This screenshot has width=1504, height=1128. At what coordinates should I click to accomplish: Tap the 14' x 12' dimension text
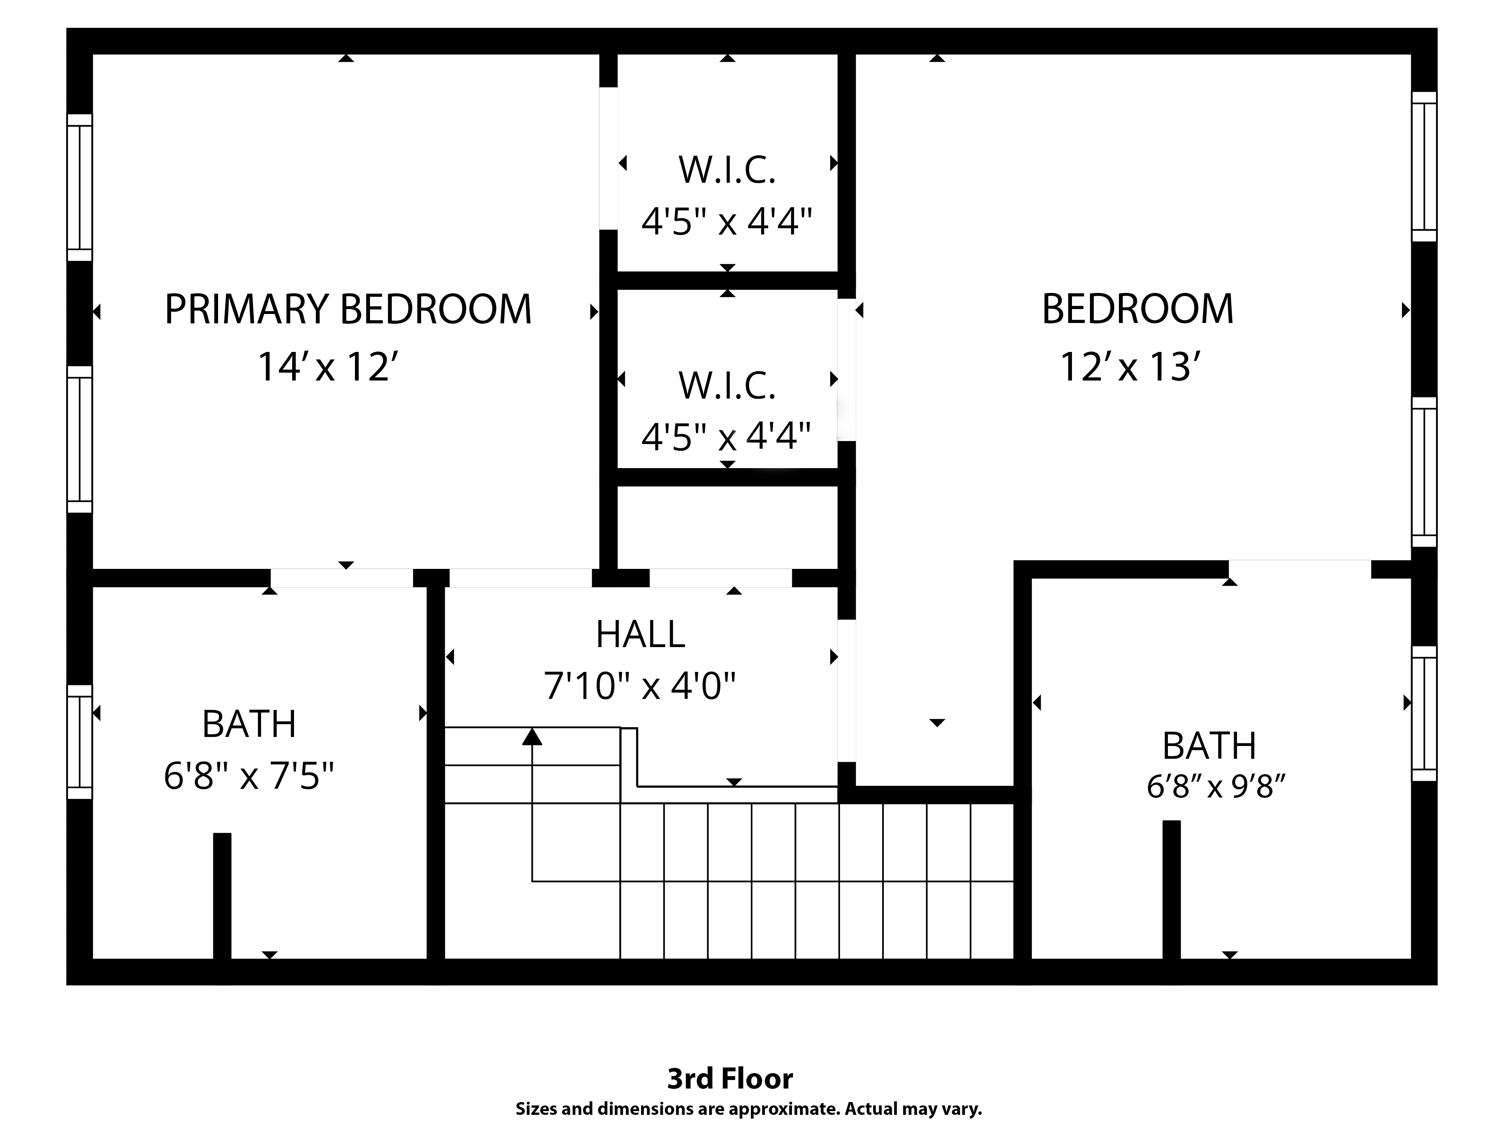(x=326, y=367)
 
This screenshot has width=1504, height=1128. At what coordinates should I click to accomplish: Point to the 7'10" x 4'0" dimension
(x=640, y=685)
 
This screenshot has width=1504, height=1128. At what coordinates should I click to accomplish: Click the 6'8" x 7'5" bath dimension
(x=249, y=776)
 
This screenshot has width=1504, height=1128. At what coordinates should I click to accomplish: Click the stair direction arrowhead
(x=532, y=736)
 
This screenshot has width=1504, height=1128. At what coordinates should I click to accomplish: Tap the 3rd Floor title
(x=729, y=1078)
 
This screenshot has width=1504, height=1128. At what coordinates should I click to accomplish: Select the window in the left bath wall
(x=80, y=741)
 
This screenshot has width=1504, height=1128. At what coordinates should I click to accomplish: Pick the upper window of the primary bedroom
(x=80, y=187)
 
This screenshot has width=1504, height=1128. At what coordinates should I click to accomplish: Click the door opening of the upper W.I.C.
(x=608, y=158)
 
